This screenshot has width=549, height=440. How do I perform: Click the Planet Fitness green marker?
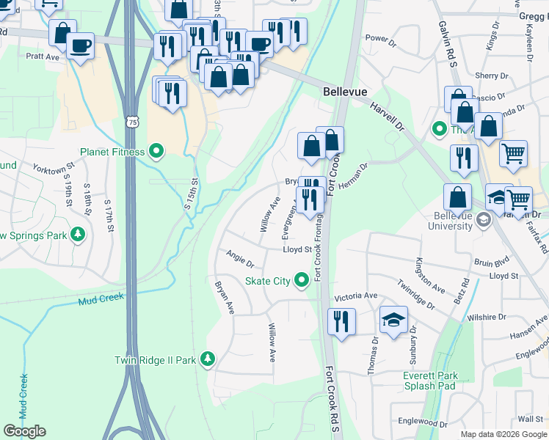pos(156,152)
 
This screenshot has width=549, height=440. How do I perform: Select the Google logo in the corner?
pos(25,431)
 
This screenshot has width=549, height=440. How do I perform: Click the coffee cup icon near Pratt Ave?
pos(80,46)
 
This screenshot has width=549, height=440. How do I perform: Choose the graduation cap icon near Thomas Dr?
pos(393,320)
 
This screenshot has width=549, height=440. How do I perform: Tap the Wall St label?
pos(529,418)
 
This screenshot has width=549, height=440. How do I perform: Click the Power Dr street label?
pos(380,37)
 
